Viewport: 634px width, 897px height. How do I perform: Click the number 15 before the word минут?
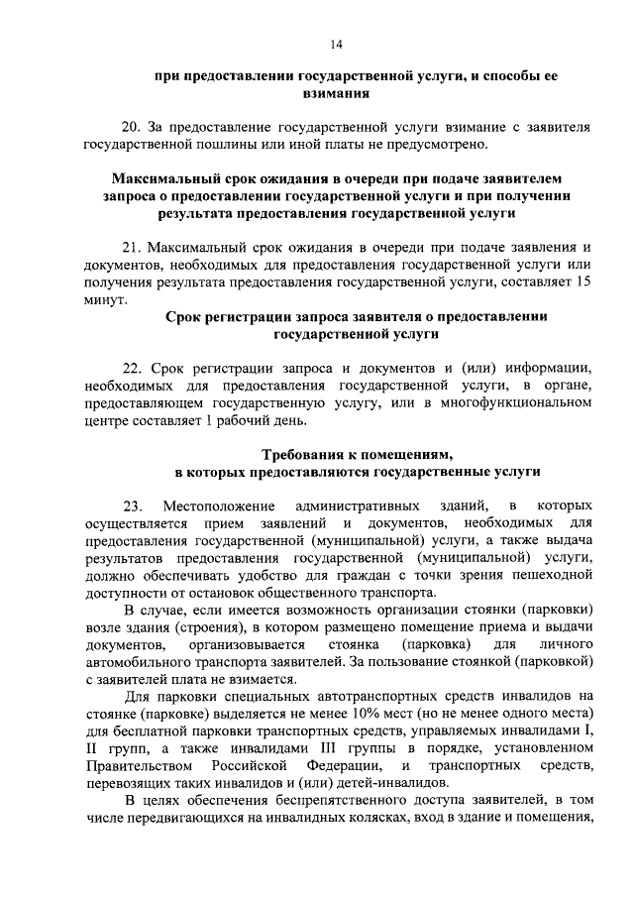pyautogui.click(x=584, y=282)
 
